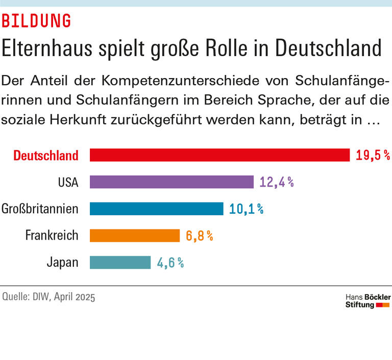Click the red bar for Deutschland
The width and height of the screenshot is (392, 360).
pos(219,155)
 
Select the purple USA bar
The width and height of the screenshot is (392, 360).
pos(171,182)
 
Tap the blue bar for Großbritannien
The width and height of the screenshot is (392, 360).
pos(156,209)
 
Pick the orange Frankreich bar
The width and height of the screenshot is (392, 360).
pos(135,236)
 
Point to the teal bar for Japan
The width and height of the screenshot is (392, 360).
pos(120,263)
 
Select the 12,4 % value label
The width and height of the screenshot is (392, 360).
pos(276,182)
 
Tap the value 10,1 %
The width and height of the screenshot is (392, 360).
pos(246,209)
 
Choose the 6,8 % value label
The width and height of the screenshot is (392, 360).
pos(199,236)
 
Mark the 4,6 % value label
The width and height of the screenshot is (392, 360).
pos(170,263)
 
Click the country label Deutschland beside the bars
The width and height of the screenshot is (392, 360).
pos(46,156)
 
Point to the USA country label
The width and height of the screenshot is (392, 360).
pos(68,182)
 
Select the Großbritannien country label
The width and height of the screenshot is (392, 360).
pos(40,209)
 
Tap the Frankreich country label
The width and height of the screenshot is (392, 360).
pos(52,236)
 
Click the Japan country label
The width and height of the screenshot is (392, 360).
pos(63,263)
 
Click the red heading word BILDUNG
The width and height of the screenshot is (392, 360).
pos(36,21)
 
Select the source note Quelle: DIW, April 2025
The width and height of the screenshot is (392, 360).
pos(48,297)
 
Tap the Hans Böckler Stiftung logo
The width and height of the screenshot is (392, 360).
pos(367,301)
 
